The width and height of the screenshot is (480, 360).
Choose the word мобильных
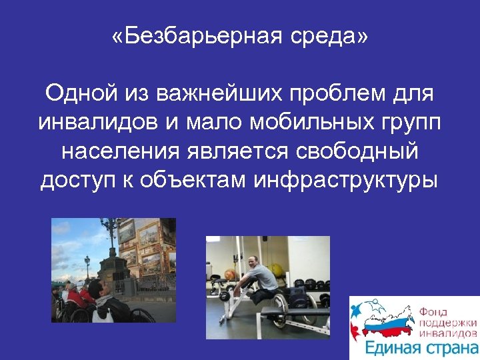coord(284,123)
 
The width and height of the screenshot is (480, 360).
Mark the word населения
coord(116,151)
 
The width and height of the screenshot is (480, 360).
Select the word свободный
coord(361,151)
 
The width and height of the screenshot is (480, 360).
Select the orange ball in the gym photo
coord(230,273)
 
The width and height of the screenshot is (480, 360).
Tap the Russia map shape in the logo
coord(385,320)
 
